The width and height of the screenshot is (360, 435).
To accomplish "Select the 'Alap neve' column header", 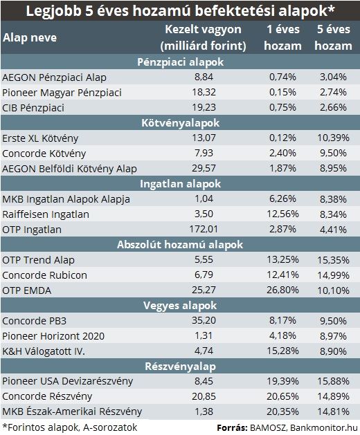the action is click(x=30, y=37).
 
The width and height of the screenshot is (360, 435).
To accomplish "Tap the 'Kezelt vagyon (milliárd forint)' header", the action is click(x=203, y=37).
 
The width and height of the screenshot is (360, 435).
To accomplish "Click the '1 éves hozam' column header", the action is click(x=282, y=37).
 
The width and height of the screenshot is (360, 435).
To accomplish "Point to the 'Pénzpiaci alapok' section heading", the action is click(x=180, y=62).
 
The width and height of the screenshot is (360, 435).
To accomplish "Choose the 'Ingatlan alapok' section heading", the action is click(x=180, y=184).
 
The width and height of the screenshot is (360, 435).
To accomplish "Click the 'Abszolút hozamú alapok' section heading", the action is click(x=180, y=244).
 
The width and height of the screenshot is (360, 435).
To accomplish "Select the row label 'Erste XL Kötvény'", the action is click(x=40, y=138).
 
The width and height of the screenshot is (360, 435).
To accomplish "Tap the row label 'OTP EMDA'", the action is click(x=27, y=290).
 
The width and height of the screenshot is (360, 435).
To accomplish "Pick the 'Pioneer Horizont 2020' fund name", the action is click(x=53, y=336).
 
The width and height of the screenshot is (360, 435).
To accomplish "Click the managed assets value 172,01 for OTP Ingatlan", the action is click(x=204, y=229).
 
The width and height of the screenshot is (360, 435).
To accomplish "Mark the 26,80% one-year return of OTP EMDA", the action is click(x=282, y=290).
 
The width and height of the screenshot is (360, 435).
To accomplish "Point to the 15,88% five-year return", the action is click(x=333, y=381).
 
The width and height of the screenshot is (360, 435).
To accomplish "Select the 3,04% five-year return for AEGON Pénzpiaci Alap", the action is click(x=333, y=77).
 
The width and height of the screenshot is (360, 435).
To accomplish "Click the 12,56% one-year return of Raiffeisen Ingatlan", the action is click(x=282, y=214).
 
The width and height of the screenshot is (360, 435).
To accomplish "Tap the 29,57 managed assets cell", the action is click(x=204, y=168).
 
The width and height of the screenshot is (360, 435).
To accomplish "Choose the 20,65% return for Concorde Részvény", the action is click(x=282, y=396).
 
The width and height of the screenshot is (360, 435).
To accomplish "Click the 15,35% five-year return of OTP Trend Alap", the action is click(x=333, y=260).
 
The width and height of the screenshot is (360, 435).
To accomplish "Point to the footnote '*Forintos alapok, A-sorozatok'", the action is click(x=70, y=427).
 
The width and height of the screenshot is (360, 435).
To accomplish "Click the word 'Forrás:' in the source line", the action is click(x=232, y=428).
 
